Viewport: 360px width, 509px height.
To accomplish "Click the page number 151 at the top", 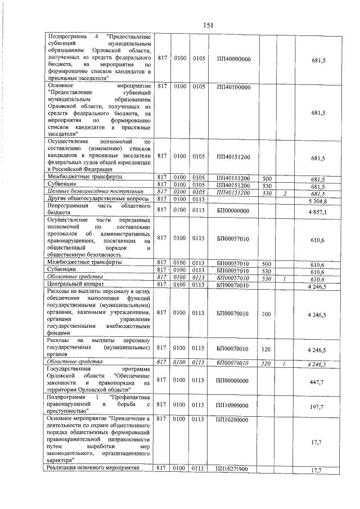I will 208,24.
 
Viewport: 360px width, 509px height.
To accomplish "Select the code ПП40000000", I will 233,58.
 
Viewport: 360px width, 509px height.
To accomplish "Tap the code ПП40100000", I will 233,87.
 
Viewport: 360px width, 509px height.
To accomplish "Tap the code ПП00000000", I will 233,380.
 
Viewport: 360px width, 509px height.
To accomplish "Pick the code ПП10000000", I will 233,404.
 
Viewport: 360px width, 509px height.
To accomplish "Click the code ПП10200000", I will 233,420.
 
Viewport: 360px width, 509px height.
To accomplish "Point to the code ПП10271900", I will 233,469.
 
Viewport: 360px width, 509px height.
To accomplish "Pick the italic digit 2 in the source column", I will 285,192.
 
